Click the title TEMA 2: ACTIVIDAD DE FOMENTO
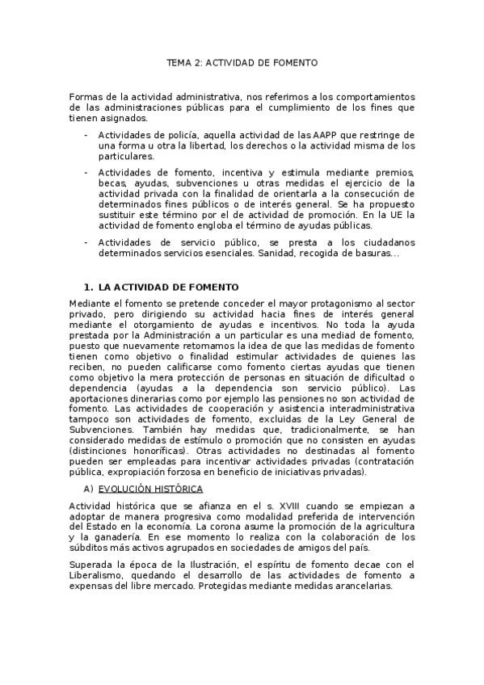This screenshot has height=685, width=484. tap(242, 61)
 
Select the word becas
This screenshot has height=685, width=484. tap(112, 183)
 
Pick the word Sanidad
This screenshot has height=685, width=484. tap(276, 253)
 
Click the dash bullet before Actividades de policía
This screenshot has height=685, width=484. tap(86, 134)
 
